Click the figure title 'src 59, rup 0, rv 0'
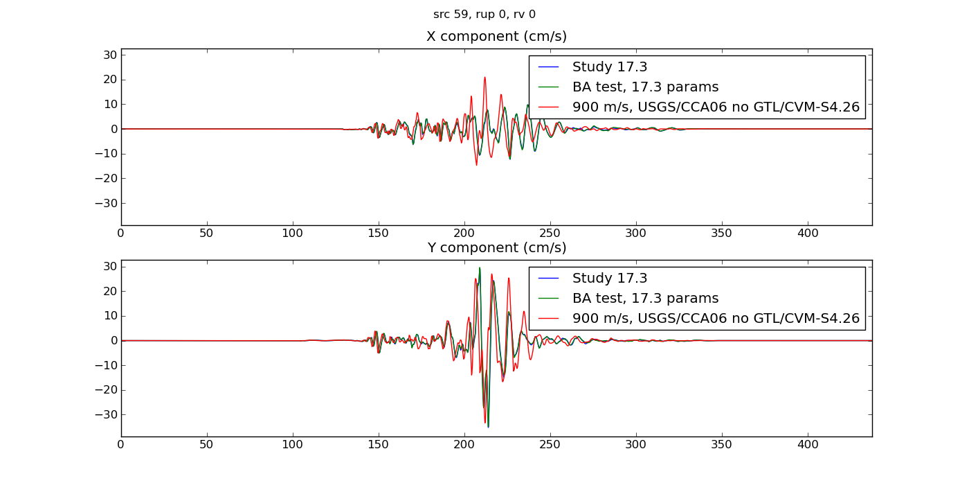[484, 15]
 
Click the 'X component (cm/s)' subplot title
[496, 37]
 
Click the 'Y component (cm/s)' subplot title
[496, 248]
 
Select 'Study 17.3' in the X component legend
[609, 67]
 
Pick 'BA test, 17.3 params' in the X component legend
[645, 87]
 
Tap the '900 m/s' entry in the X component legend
[715, 107]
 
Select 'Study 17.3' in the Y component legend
[609, 279]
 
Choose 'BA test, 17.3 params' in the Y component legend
[645, 299]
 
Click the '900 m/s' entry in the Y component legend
[715, 319]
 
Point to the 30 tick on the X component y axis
[109, 55]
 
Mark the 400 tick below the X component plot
[808, 233]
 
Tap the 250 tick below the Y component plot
[550, 445]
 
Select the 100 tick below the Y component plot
[293, 445]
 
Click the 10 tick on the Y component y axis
[109, 316]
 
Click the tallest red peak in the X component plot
[484, 77]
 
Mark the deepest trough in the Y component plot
[488, 427]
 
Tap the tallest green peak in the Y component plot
[480, 267]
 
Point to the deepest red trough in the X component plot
[476, 165]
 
